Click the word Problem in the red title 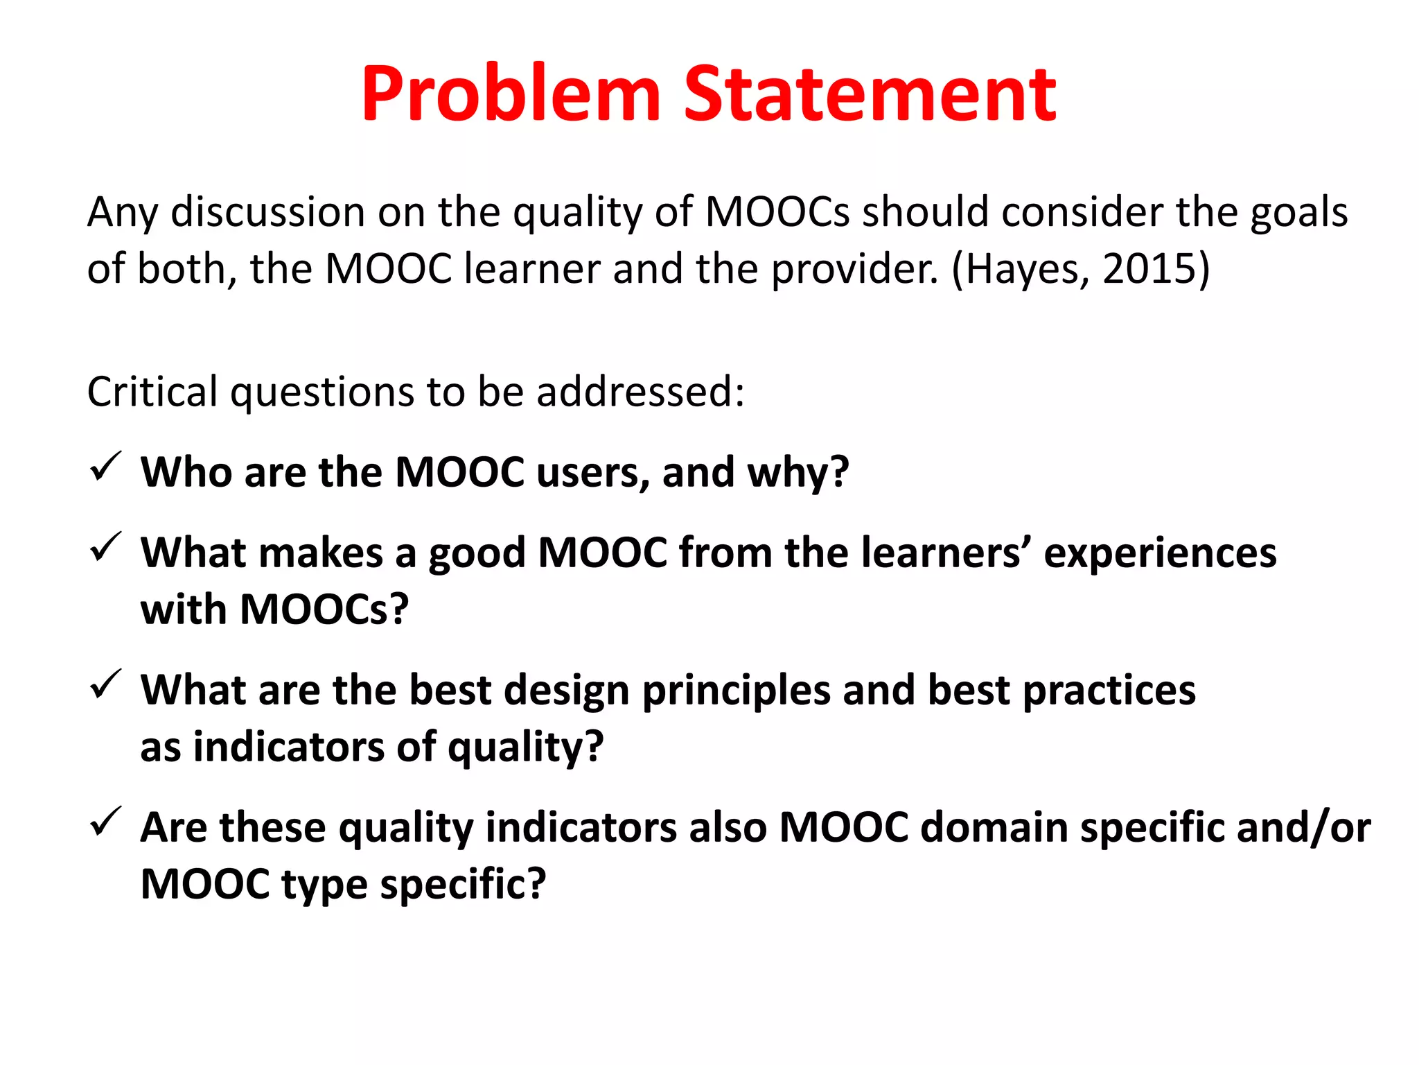coord(511,94)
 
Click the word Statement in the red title coord(870,94)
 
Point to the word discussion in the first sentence coord(267,212)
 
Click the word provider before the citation coord(854,269)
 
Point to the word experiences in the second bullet coord(1160,553)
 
